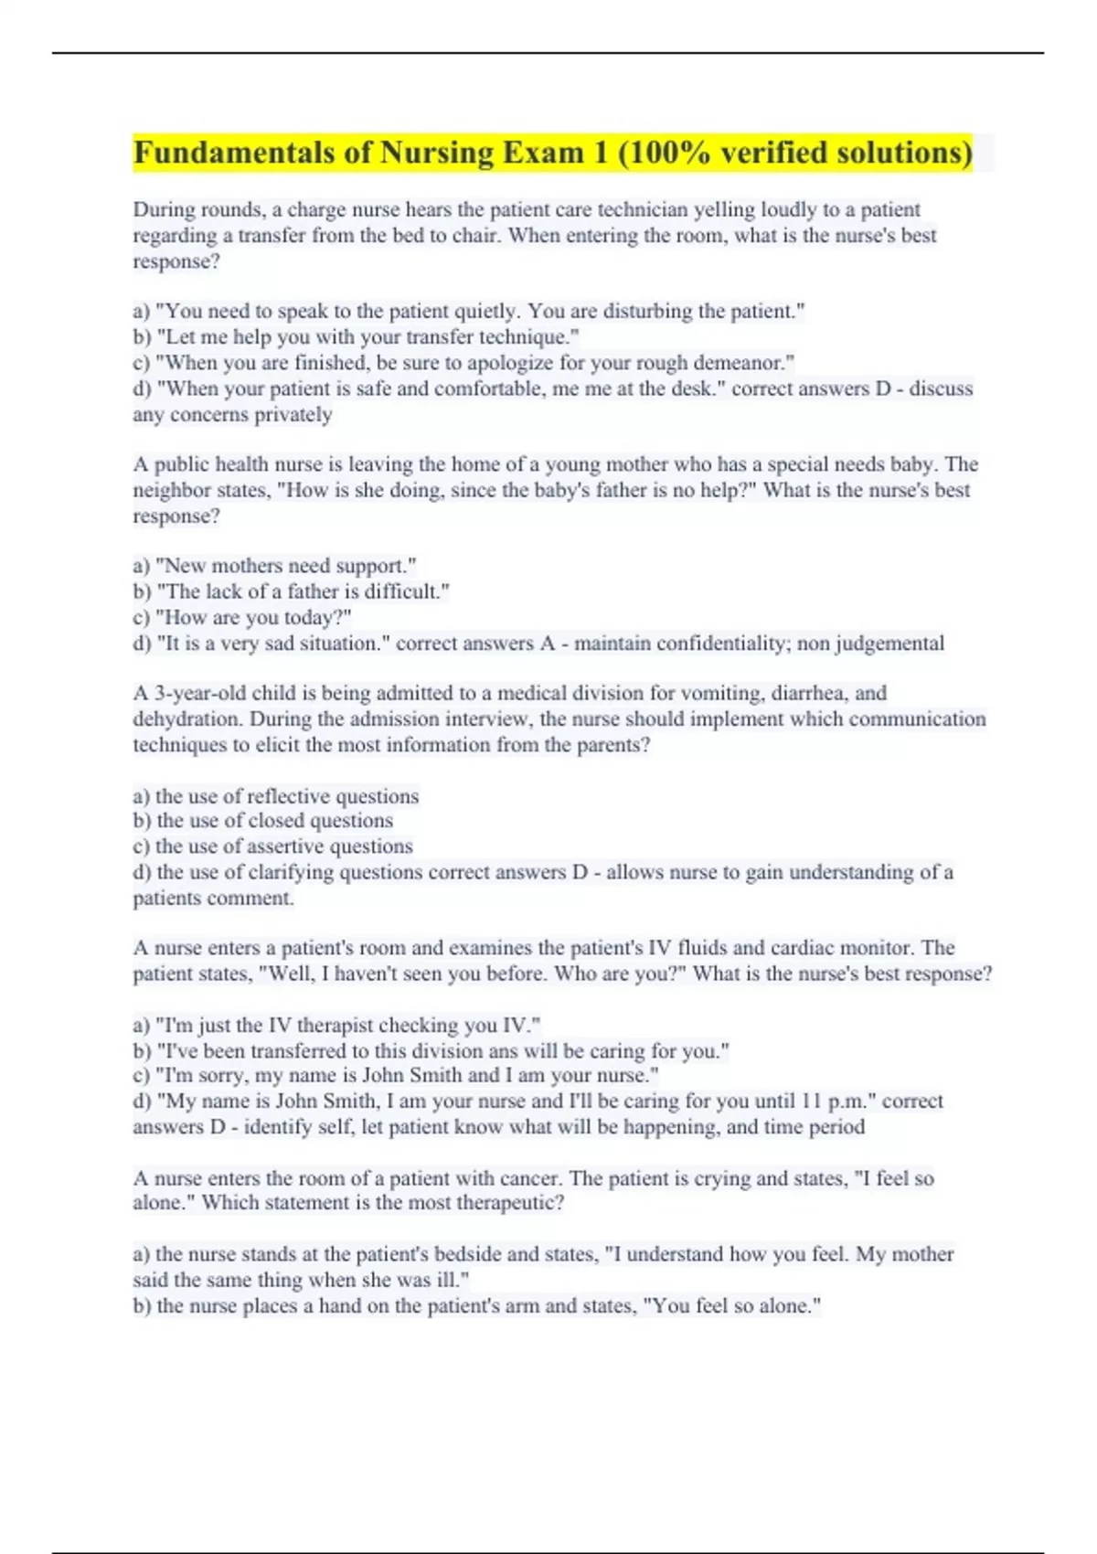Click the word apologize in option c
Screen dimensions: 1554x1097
pos(508,363)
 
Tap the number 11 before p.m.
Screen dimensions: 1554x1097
pos(811,1102)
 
